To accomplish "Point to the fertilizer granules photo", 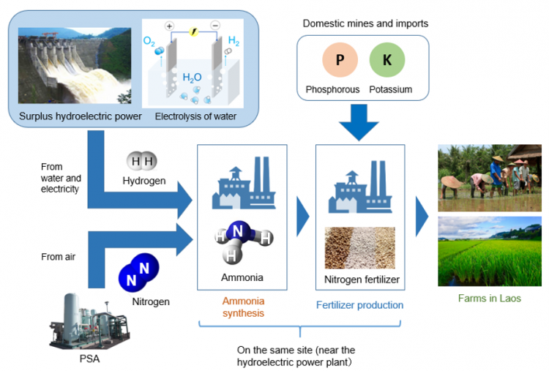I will [x=359, y=247].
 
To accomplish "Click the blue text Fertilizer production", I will [x=359, y=305].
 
